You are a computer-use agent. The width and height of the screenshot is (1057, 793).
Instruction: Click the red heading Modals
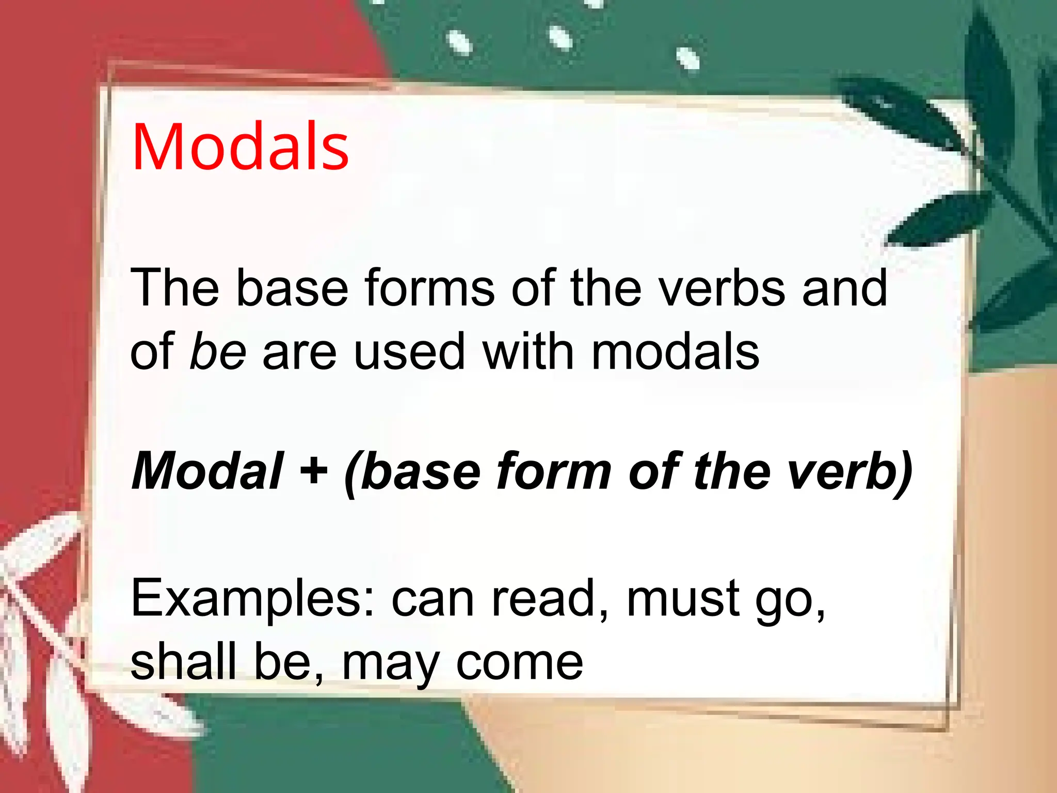[241, 147]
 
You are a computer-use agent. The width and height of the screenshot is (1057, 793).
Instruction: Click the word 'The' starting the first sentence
[175, 288]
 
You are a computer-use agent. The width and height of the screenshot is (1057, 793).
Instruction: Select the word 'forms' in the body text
[429, 288]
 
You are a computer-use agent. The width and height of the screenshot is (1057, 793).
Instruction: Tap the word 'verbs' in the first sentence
[723, 288]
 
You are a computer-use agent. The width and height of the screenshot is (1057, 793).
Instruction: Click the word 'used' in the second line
[410, 352]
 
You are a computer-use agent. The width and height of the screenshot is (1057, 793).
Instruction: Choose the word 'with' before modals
[528, 352]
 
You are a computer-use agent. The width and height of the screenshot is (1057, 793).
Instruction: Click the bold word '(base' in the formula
[412, 471]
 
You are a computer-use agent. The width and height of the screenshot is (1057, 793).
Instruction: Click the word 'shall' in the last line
[184, 662]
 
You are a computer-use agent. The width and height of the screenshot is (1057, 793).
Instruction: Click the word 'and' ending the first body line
[844, 288]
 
